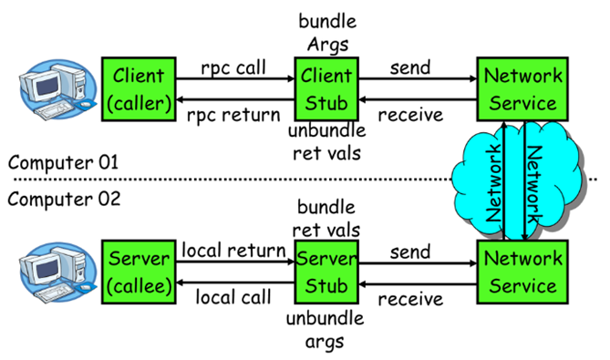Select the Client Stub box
pyautogui.click(x=326, y=87)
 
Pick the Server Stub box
pyautogui.click(x=326, y=272)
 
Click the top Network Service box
pyautogui.click(x=522, y=87)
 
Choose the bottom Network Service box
pyautogui.click(x=522, y=272)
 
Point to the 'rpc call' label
pyautogui.click(x=233, y=67)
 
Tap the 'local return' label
pyautogui.click(x=233, y=250)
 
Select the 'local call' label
pyautogui.click(x=233, y=297)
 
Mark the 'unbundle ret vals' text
pyautogui.click(x=326, y=142)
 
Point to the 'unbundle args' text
pyautogui.click(x=326, y=329)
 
